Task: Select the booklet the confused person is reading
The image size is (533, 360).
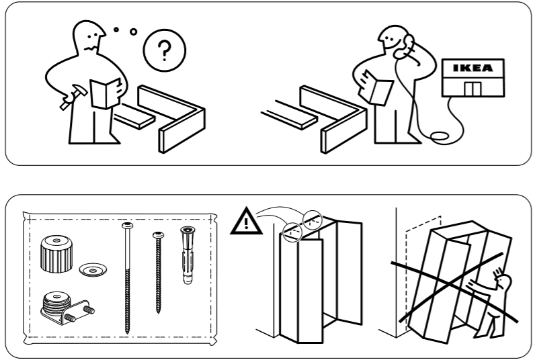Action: point(107,92)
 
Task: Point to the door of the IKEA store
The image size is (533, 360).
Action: point(473,89)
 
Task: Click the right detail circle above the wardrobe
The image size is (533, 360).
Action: point(313,217)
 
